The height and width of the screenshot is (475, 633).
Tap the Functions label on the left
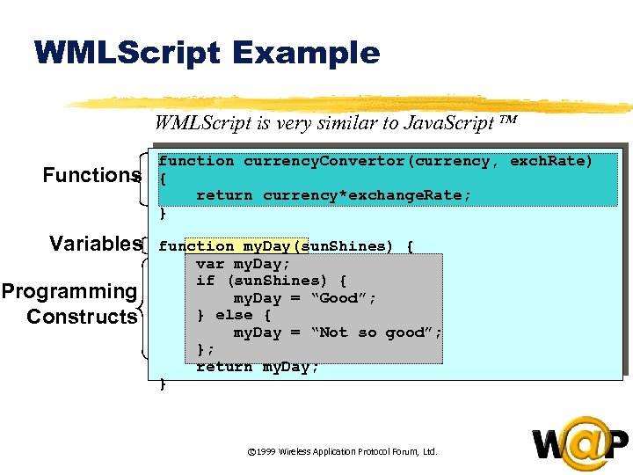92,175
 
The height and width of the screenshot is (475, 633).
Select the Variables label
96,244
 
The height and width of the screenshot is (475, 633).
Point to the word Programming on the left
69,291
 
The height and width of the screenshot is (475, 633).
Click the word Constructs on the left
82,317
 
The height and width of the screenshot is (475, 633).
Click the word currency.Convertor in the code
325,161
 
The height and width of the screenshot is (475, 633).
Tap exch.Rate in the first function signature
551,161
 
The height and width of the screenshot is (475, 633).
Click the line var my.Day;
243,264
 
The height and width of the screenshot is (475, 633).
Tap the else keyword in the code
234,315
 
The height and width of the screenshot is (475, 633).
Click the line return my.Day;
258,367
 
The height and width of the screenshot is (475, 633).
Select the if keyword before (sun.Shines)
205,281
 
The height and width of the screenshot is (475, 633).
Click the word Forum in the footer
402,451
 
